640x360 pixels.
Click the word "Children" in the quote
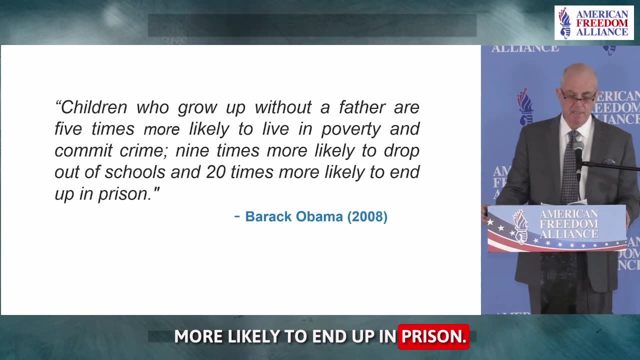coord(94,107)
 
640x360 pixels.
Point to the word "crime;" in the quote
coord(143,151)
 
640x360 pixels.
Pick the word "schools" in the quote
coord(135,172)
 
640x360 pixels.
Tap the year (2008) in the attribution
coord(367,216)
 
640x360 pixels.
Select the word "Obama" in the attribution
coord(319,216)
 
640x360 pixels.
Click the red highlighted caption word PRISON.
coord(433,336)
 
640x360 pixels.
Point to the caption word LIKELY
coord(253,336)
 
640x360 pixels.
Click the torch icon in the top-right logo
coord(564,22)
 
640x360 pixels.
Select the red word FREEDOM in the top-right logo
coord(602,23)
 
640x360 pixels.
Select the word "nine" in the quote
coord(192,151)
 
